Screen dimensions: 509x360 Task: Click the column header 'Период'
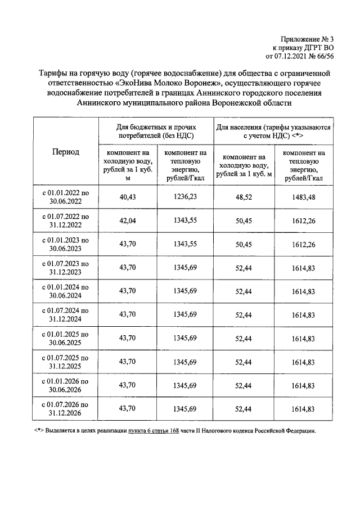coord(66,151)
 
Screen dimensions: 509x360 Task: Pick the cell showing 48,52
coord(244,197)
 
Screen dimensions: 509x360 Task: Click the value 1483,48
coord(304,197)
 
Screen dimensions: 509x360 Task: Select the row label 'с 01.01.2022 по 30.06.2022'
coord(66,197)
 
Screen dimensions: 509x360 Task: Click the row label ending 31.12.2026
coord(66,408)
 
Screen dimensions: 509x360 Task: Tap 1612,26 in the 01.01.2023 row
coord(304,244)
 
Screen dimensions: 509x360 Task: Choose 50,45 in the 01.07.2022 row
coord(244,220)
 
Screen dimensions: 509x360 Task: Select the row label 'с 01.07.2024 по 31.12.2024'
coord(66,314)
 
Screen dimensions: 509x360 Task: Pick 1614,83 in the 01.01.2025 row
coord(304,338)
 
